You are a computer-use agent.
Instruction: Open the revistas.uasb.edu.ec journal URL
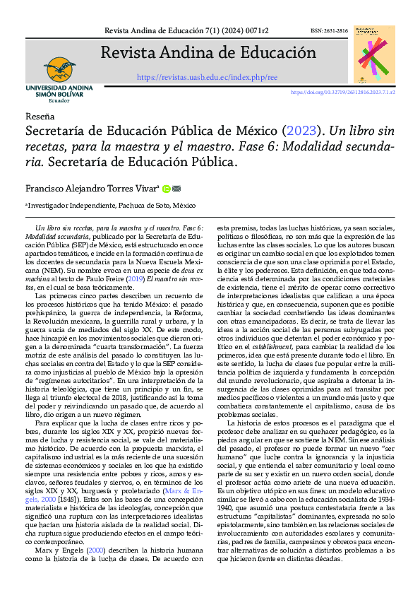(x=207, y=77)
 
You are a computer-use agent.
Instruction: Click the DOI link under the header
(x=342, y=93)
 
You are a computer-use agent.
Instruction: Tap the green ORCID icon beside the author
(x=166, y=189)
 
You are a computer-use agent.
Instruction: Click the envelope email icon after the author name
(x=176, y=189)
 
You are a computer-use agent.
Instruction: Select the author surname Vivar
(x=144, y=189)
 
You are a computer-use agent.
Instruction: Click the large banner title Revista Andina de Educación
(x=208, y=53)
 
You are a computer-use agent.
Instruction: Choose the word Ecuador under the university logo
(x=59, y=101)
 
